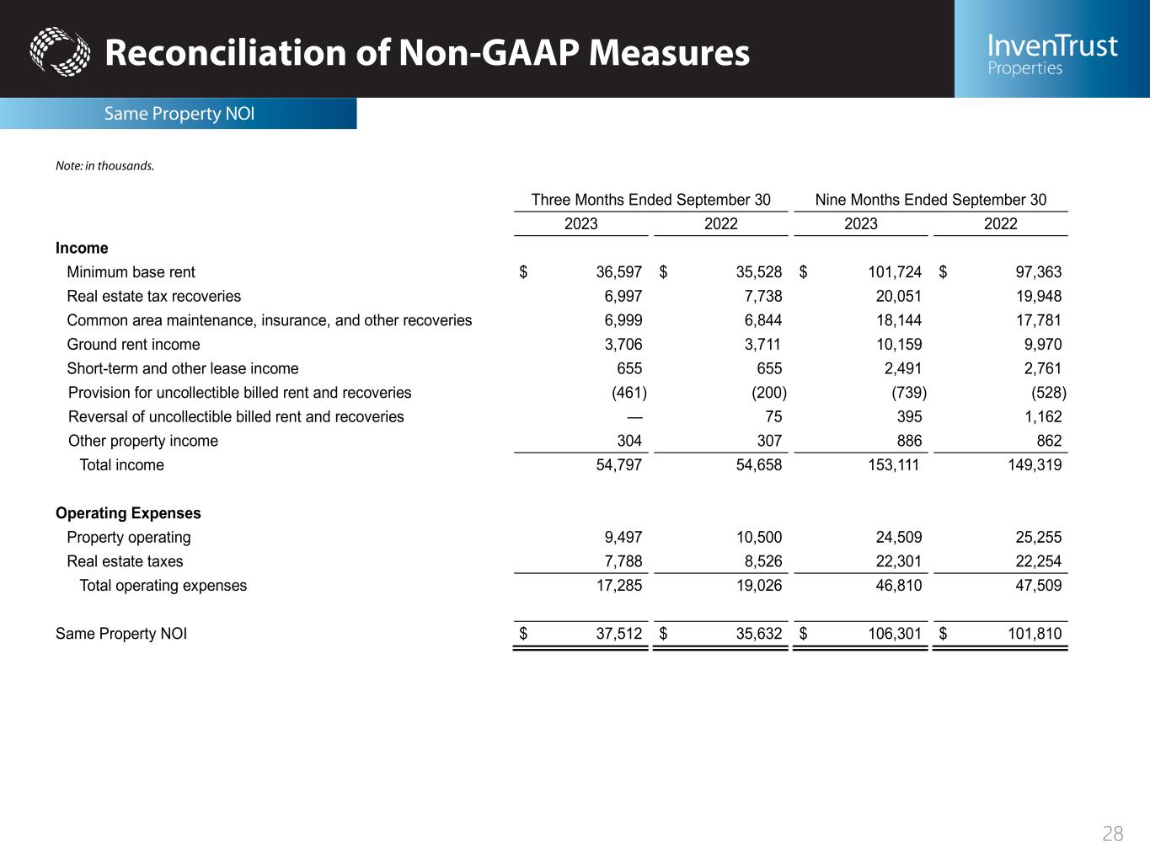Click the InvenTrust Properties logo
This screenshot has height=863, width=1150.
tap(1051, 53)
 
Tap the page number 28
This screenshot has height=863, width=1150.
tap(1112, 834)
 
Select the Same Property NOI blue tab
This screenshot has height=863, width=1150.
tap(179, 114)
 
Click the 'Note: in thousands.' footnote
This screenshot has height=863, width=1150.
tap(104, 166)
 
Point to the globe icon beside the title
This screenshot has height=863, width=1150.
tap(59, 52)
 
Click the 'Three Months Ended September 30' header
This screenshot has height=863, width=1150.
tap(650, 200)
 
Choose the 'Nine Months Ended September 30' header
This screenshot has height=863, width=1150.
tap(930, 200)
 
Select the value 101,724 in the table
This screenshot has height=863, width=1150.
tap(895, 272)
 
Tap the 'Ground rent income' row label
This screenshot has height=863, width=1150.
tap(133, 345)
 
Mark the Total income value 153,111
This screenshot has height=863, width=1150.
tap(894, 465)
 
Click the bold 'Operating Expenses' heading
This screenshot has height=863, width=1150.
tap(128, 513)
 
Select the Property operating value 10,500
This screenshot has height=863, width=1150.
tap(758, 538)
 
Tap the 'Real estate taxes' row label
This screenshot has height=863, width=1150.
tap(125, 562)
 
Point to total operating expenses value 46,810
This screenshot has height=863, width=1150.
tap(897, 586)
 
